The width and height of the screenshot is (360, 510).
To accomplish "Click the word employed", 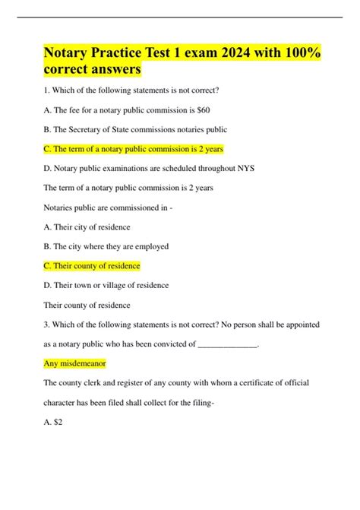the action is [x=150, y=246].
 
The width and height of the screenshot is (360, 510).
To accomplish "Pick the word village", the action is [x=114, y=286].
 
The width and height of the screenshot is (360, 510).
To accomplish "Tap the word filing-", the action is [x=201, y=403].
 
